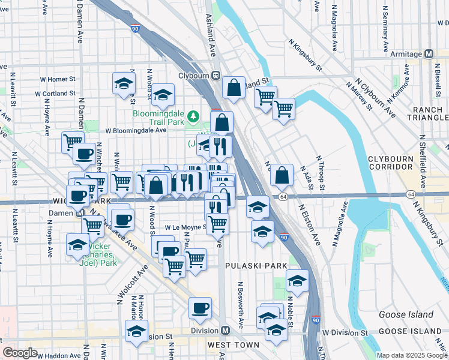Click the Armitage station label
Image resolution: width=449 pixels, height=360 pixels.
click(406, 54)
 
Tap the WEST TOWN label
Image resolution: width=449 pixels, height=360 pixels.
click(234, 345)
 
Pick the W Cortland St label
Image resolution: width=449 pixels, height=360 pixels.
click(55, 94)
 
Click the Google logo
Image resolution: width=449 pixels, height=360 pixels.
click(20, 353)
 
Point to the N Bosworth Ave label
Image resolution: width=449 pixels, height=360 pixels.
click(241, 305)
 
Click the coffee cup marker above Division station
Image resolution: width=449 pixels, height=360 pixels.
click(200, 308)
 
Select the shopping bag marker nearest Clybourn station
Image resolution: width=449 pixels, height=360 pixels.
click(234, 88)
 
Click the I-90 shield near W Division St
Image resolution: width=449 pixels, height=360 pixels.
click(316, 322)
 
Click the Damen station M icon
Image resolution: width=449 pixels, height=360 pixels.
click(80, 213)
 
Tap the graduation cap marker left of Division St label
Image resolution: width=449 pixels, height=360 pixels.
click(136, 331)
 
